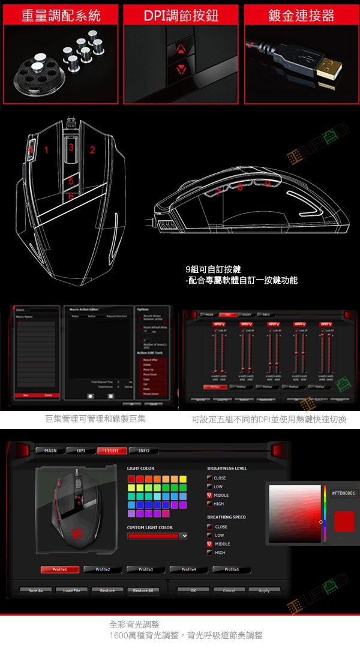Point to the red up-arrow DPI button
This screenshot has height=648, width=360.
[x=181, y=48]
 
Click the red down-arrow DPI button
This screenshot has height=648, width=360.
[x=181, y=70]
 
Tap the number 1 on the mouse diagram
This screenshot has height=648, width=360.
[x=46, y=150]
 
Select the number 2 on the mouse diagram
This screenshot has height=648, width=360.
[x=92, y=150]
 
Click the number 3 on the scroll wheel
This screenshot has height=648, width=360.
[x=71, y=147]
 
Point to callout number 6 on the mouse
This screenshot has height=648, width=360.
[x=71, y=196]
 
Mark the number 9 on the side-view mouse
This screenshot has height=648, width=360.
[x=267, y=184]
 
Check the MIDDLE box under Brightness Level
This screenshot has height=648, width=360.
[x=210, y=496]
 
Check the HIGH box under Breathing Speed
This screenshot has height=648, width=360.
[x=210, y=553]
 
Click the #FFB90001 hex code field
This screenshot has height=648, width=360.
[x=343, y=493]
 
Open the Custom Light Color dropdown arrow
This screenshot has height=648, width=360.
[x=184, y=536]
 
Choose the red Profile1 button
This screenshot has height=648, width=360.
[x=60, y=569]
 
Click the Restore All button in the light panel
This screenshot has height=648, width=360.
[x=143, y=590]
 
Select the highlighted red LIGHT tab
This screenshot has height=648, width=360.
[x=112, y=451]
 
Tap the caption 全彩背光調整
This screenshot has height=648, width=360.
[x=135, y=625]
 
